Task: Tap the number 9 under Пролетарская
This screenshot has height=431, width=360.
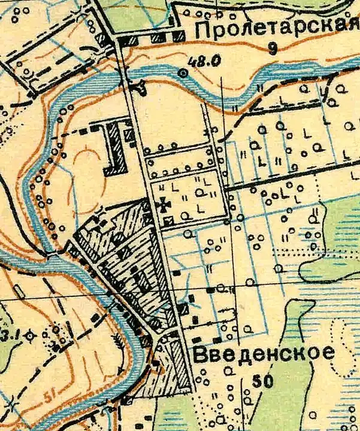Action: pos(273,49)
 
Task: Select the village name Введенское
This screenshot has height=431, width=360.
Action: pos(264,352)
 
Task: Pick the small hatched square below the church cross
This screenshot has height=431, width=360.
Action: pos(169,222)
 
